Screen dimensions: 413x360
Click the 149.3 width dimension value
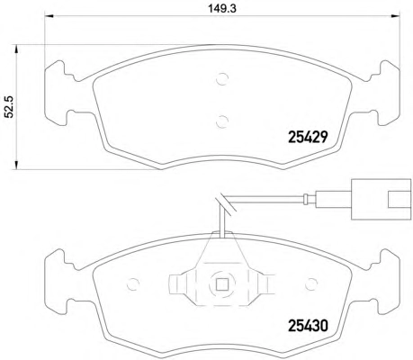(x=222, y=8)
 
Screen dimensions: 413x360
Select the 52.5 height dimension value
(x=10, y=106)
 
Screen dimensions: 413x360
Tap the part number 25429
(x=307, y=138)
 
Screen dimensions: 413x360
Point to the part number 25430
(x=308, y=326)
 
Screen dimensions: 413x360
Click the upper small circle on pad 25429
(x=222, y=79)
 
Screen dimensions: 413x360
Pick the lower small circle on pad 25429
(x=222, y=121)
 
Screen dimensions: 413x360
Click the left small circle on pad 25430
(x=133, y=283)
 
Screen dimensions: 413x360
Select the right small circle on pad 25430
(x=311, y=283)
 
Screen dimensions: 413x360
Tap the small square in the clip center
(x=222, y=283)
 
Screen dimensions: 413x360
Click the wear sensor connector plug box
(x=381, y=200)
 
